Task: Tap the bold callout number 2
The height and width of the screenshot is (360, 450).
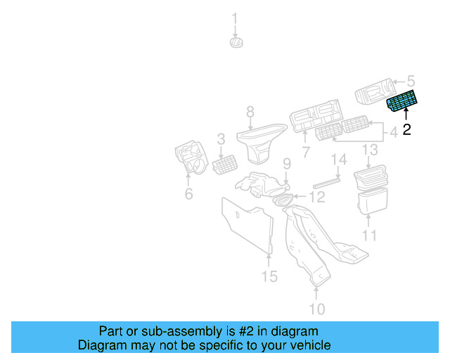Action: pos(406,130)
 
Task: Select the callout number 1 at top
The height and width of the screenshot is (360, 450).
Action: pos(236,18)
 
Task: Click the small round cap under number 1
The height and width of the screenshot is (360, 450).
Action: pos(236,43)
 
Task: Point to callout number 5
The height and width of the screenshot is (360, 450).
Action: pos(411,82)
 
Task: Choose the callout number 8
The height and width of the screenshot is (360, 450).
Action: pos(249,111)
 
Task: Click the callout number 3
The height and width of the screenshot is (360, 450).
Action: pos(220,139)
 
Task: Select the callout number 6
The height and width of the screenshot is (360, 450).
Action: pos(188,194)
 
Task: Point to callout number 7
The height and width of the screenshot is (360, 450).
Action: pos(306,153)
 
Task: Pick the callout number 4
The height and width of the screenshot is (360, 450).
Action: pos(394,130)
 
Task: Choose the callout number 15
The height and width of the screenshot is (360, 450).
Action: pos(270,276)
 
